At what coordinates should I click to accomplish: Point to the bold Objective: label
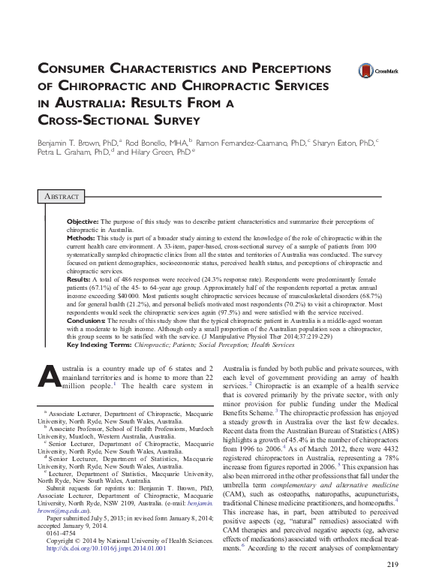click(x=83, y=223)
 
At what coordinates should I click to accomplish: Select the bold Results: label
click(x=80, y=278)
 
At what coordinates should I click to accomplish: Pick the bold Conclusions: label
click(x=88, y=321)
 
